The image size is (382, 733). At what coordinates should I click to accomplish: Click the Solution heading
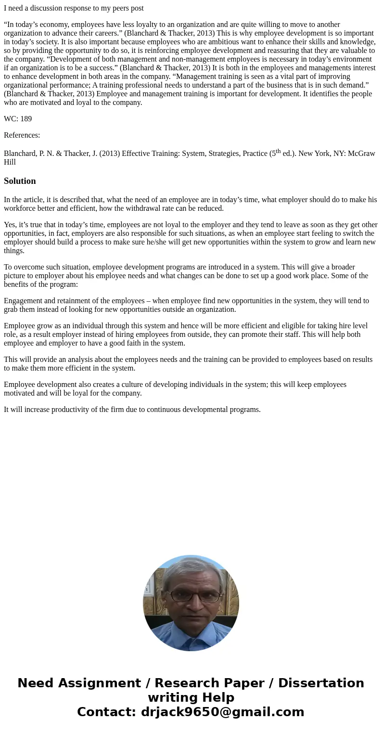point(20,181)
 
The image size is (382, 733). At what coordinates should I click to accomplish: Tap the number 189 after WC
point(26,119)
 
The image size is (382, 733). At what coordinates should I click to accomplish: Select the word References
point(22,135)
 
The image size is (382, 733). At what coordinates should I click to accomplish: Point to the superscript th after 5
point(278,151)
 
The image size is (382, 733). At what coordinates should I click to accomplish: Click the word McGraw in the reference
point(361,154)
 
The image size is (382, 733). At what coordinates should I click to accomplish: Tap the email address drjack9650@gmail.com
point(222,712)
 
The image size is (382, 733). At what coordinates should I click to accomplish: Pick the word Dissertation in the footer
point(321,683)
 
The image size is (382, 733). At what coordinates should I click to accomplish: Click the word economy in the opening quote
point(53,25)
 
